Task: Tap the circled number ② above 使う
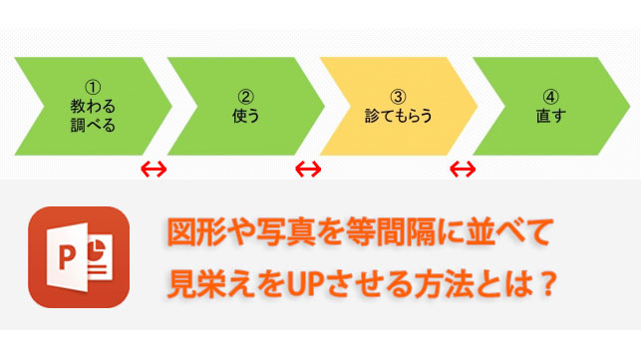pos(244,97)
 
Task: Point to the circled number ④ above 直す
pos(551,97)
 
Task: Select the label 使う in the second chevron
pos(244,116)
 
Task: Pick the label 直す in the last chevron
pos(551,116)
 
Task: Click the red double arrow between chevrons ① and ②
pos(154,169)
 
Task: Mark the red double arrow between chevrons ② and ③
pos(308,169)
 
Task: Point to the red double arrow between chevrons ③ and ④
pos(462,169)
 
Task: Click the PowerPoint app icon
pos(79,256)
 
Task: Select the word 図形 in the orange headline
pos(191,237)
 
